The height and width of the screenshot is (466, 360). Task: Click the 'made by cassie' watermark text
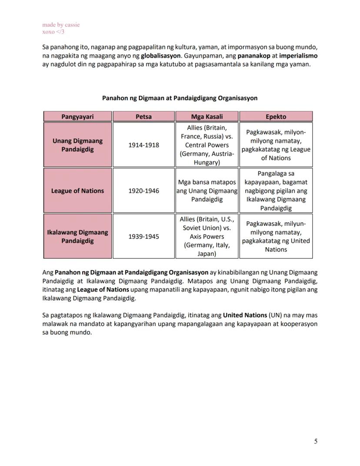61,25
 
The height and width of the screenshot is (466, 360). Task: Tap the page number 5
316,441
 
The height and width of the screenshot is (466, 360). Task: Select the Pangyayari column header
77,117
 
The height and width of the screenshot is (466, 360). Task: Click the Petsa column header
143,117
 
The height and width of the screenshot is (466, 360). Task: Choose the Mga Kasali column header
207,117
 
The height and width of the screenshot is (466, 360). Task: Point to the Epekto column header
276,117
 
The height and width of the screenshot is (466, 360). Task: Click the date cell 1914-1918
143,145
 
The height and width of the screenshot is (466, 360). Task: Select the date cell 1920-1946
143,191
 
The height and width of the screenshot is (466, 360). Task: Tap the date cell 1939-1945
143,237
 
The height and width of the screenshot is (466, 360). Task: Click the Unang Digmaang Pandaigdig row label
77,145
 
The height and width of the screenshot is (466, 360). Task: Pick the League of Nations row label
77,191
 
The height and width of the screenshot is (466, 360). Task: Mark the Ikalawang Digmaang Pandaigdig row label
77,236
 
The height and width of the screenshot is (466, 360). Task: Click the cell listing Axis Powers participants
207,236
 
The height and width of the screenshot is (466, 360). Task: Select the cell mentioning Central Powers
207,145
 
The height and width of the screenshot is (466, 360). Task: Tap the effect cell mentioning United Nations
276,236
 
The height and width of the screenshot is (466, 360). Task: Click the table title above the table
180,98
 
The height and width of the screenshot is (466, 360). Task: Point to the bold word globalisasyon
160,56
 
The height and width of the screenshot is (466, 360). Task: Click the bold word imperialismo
298,56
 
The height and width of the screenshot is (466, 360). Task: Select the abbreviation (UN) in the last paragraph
275,315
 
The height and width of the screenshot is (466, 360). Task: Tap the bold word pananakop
254,56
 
